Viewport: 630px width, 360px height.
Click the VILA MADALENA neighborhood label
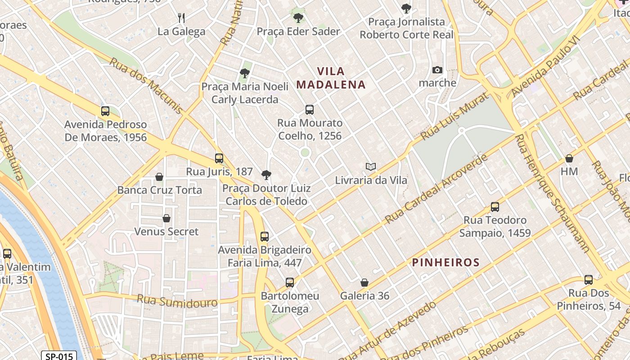[x=331, y=78]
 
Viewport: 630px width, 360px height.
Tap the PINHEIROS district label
[x=445, y=262]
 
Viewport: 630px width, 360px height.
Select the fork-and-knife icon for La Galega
[x=181, y=18]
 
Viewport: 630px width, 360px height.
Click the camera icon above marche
[x=437, y=70]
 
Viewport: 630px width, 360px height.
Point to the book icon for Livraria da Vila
[x=371, y=167]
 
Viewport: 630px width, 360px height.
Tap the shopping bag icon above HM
[x=569, y=158]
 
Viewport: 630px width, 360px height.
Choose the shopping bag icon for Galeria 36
[x=364, y=283]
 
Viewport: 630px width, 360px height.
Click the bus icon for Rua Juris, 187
[x=219, y=158]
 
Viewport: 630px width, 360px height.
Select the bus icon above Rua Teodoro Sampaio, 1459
[x=495, y=207]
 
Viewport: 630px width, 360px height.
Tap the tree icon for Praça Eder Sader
[x=298, y=18]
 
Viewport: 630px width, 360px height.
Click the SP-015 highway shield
[x=59, y=356]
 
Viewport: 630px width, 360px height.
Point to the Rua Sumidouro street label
[x=177, y=301]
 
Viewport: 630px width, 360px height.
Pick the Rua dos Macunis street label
[x=146, y=85]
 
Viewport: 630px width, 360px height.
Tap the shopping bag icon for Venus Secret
[x=166, y=218]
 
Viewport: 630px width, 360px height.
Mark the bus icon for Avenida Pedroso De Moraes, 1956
[x=105, y=111]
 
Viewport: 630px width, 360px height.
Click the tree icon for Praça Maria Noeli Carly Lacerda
[x=245, y=73]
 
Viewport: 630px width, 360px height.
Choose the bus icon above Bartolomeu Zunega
[x=290, y=283]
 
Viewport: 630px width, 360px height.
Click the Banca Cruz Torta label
[x=159, y=190]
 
